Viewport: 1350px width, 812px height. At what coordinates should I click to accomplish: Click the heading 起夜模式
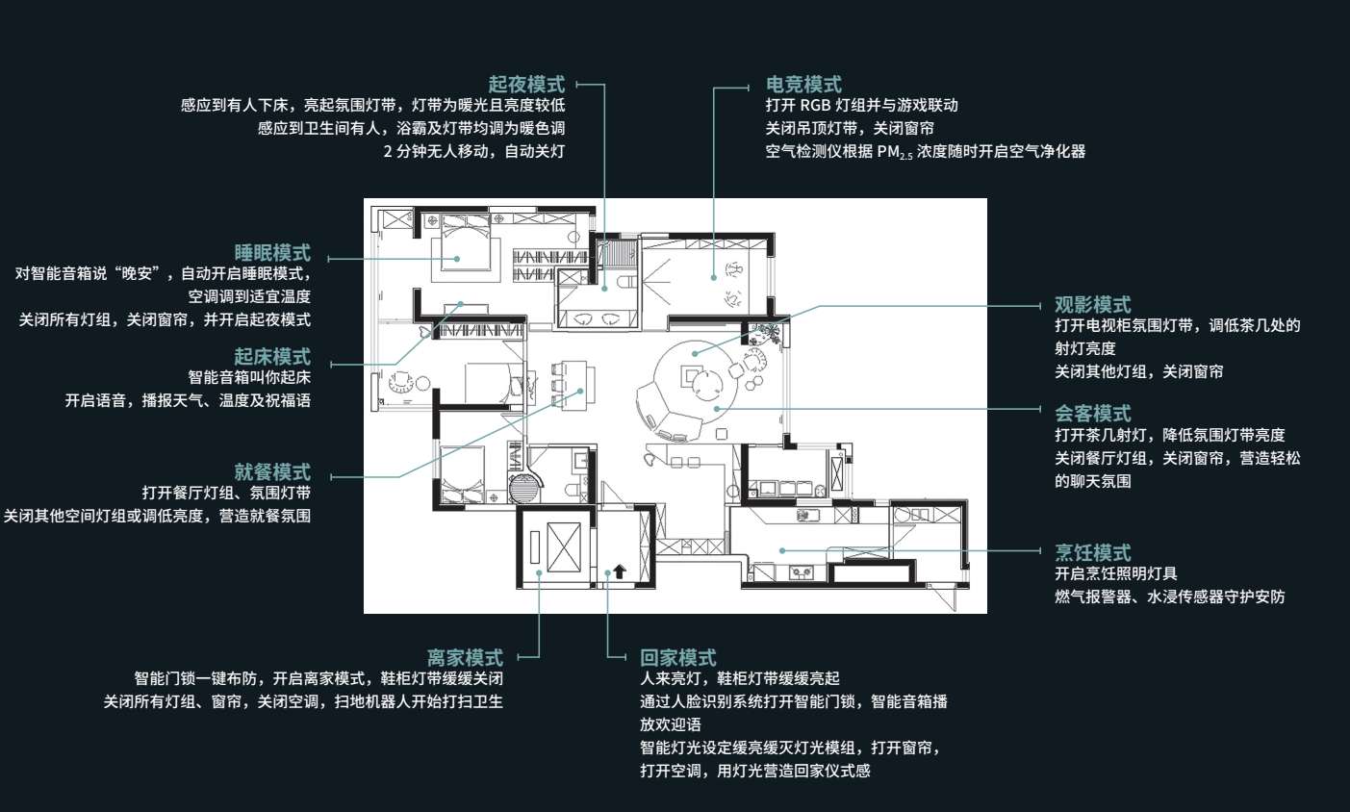point(526,84)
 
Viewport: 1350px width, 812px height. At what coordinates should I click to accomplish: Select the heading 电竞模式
point(803,84)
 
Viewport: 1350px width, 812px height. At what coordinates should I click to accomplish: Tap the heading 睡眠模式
point(272,252)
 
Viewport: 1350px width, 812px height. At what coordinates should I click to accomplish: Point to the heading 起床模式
point(272,357)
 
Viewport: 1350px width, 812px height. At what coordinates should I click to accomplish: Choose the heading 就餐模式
point(272,471)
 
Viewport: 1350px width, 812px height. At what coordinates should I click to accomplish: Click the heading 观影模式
point(1093,304)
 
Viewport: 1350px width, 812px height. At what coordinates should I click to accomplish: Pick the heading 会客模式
point(1093,414)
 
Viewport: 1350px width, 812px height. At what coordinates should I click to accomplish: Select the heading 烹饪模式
point(1093,552)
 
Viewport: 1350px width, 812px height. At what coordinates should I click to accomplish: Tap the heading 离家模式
point(465,657)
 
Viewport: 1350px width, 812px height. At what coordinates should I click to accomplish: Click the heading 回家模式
point(678,657)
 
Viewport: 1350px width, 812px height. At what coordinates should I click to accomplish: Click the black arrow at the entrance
point(620,571)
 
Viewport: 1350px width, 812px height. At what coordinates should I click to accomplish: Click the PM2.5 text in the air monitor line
point(894,152)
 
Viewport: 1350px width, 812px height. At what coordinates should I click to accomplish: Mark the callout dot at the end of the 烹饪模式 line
point(782,550)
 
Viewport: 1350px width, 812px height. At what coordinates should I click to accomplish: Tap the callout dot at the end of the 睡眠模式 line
point(457,259)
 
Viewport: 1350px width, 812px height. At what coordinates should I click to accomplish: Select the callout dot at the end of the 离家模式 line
point(540,572)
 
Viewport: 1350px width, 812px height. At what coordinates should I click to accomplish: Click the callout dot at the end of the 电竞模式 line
point(714,278)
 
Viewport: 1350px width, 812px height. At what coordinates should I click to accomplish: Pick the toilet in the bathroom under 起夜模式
point(626,282)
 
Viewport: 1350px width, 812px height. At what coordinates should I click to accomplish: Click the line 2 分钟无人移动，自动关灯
point(474,151)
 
